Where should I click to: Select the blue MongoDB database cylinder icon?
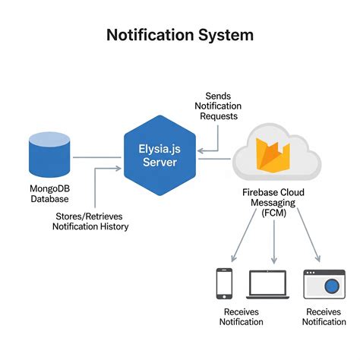pyautogui.click(x=49, y=154)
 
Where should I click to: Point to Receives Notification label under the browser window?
pyautogui.click(x=324, y=317)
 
